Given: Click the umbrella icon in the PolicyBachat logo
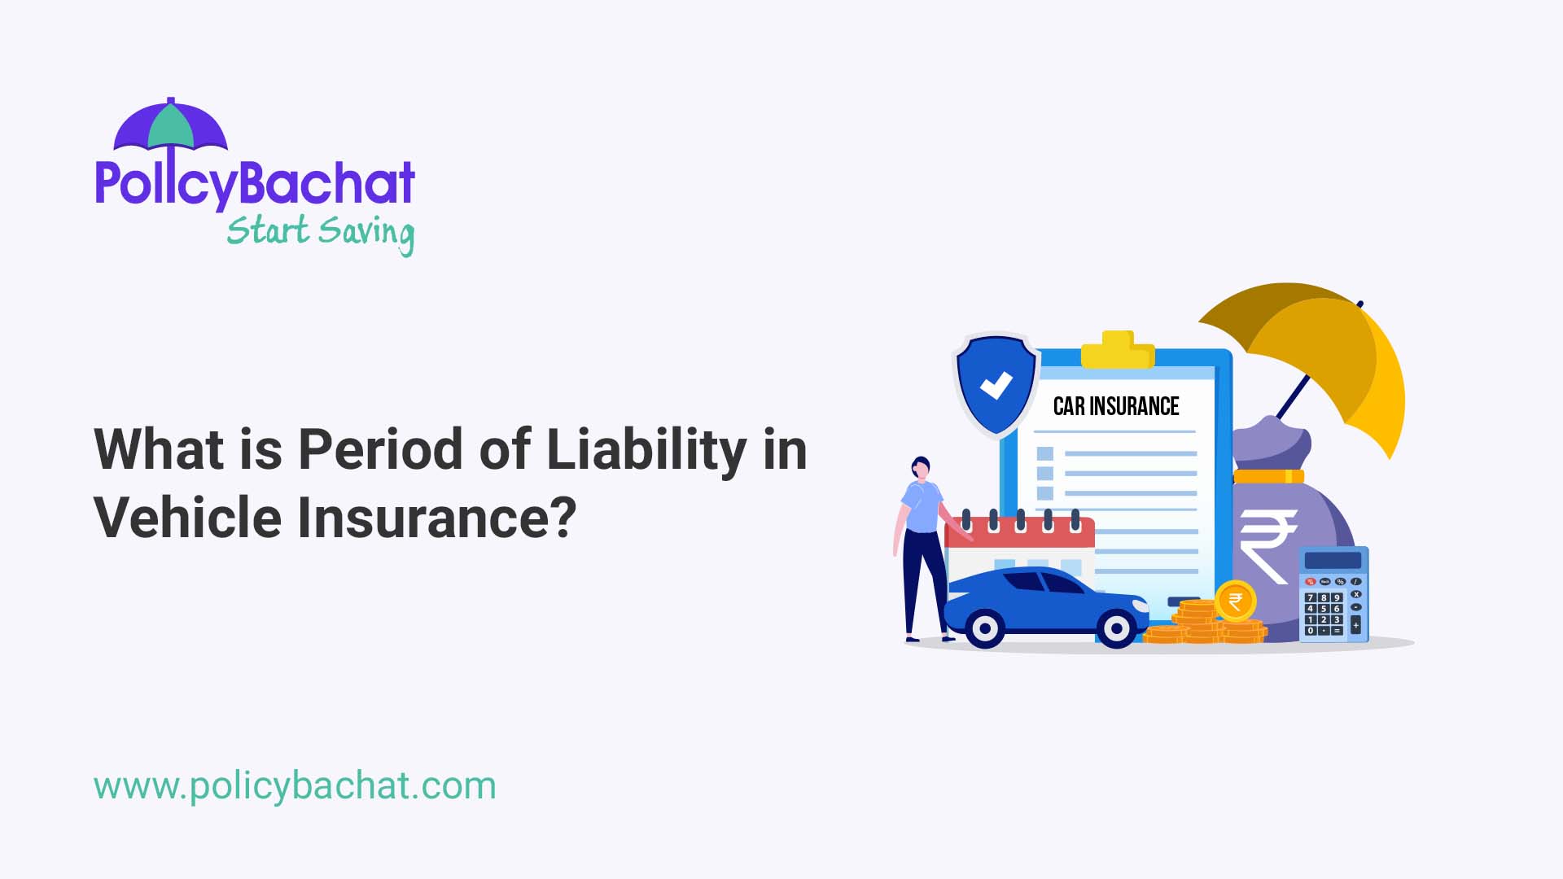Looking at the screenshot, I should (170, 126).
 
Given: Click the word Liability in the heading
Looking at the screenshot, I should (646, 450).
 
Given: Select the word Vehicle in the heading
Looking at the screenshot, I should (188, 518).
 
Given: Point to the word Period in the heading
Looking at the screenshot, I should (380, 449).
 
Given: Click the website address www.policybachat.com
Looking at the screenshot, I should (295, 786).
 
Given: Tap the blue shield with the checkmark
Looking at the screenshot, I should (996, 384).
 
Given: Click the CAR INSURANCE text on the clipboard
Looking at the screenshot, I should (1115, 406).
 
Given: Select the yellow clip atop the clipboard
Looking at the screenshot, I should (1118, 350).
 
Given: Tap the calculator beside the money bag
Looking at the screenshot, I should (1333, 594).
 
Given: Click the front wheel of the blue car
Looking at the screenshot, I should (1116, 628).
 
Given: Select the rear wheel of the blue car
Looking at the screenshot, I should (985, 628).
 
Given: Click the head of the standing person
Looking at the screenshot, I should (921, 468).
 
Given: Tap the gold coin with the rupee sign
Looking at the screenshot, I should (1235, 601).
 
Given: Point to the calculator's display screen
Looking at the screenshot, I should (1333, 560).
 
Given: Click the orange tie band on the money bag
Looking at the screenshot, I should (1268, 476).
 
